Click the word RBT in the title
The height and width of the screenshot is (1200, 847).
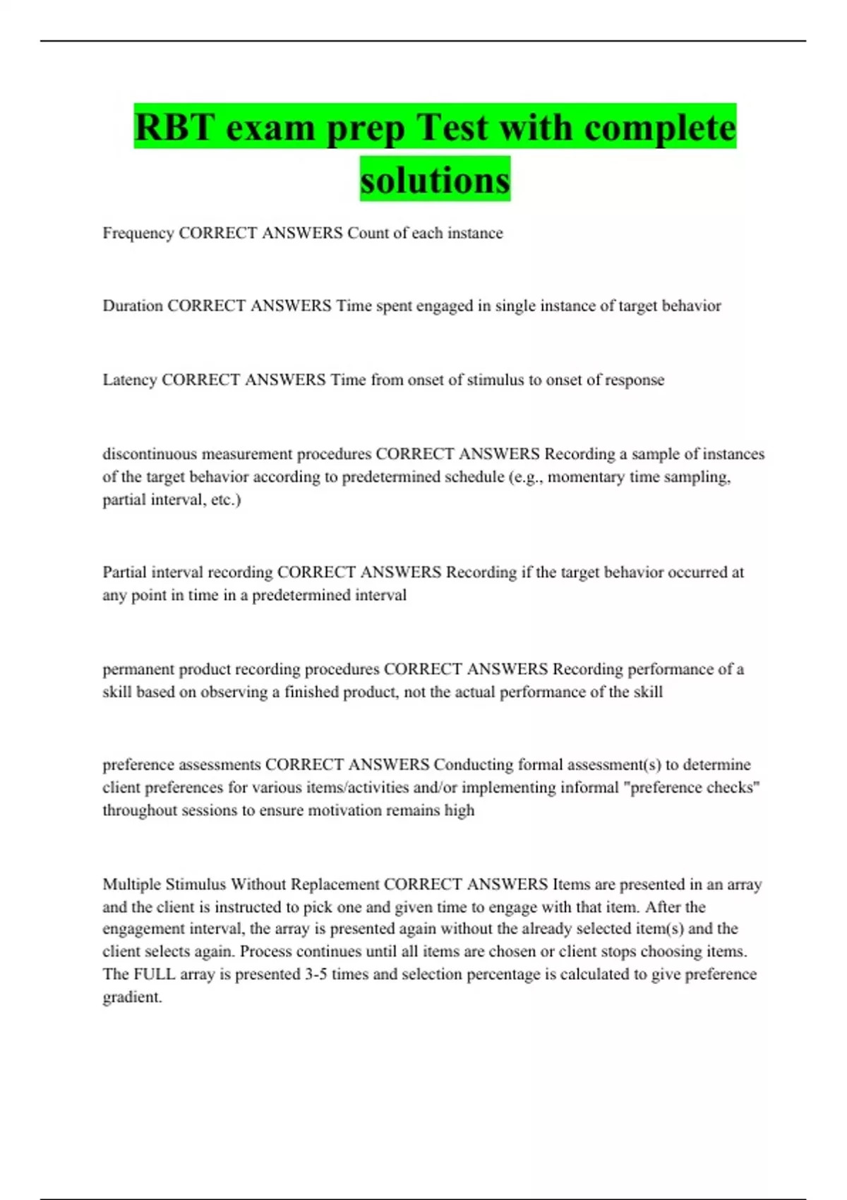pos(175,128)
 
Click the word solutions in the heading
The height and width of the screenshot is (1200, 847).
pos(435,180)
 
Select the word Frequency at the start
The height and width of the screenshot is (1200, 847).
pos(138,233)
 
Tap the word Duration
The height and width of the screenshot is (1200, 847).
pos(133,306)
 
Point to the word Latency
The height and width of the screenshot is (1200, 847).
pos(130,380)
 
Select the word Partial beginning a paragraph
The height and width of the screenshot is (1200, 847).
pos(125,572)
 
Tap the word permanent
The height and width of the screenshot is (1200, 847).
pos(138,669)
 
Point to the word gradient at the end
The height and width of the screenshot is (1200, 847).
pos(132,997)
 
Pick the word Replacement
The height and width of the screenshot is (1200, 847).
pos(335,884)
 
